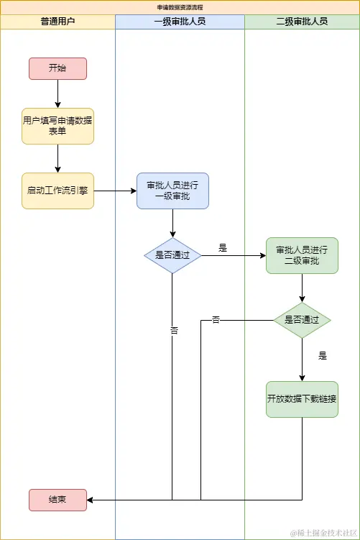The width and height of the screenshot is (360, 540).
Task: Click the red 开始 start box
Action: click(x=57, y=68)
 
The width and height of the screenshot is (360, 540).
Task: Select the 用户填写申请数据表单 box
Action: click(x=57, y=126)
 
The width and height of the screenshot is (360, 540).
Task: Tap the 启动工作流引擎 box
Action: click(x=57, y=191)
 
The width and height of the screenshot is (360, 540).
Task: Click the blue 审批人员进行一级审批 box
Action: click(x=172, y=191)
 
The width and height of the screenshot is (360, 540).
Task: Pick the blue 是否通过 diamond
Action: click(x=172, y=255)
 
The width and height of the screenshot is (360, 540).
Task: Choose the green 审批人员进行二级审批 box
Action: click(x=302, y=255)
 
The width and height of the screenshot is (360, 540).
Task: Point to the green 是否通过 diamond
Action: click(x=302, y=320)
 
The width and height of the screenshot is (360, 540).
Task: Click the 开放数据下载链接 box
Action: click(x=302, y=399)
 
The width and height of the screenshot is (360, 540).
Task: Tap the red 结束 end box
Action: click(x=57, y=500)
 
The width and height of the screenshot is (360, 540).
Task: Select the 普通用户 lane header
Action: click(x=57, y=21)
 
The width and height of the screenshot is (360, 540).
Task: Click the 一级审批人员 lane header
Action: click(x=180, y=21)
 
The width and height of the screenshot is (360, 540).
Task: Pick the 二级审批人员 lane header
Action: click(x=302, y=21)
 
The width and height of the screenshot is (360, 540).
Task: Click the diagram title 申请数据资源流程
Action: click(x=180, y=6)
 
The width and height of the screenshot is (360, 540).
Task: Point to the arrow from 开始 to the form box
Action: click(x=57, y=93)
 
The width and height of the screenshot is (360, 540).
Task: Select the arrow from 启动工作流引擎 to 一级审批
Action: click(x=115, y=191)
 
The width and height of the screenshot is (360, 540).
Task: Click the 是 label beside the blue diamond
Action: click(x=223, y=247)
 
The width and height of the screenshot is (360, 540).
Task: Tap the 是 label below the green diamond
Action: click(x=323, y=355)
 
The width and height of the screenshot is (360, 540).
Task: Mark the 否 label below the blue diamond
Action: click(x=173, y=330)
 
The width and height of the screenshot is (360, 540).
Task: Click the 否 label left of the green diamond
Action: click(x=216, y=319)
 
